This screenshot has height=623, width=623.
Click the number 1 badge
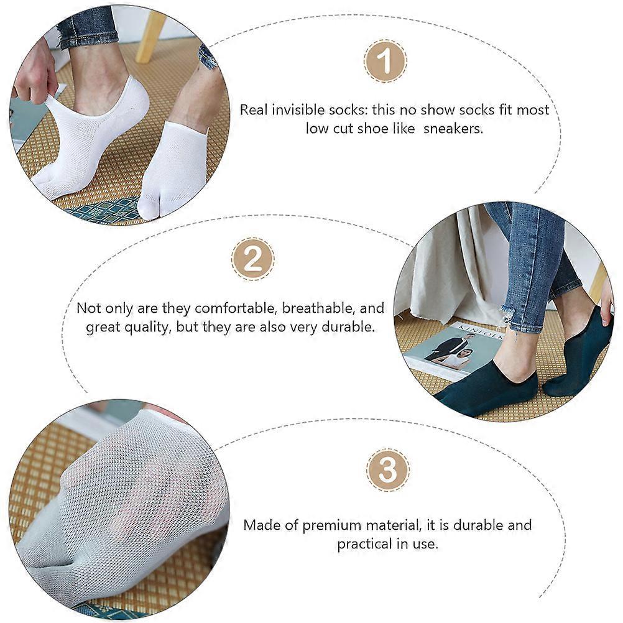(x=385, y=61)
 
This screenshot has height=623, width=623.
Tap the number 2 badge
(x=252, y=259)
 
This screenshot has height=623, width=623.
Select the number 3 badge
(x=387, y=470)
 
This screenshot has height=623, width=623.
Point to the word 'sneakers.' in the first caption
(x=453, y=129)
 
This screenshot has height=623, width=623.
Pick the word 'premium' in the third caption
(x=331, y=525)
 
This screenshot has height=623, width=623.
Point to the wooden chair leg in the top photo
(x=150, y=37)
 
